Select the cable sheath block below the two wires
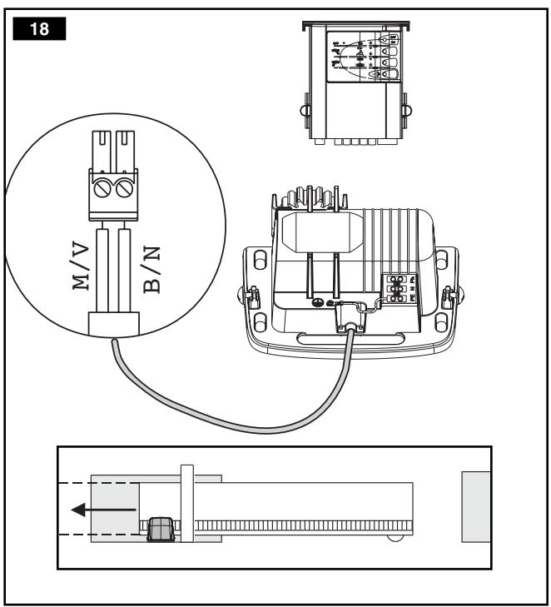(113, 321)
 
